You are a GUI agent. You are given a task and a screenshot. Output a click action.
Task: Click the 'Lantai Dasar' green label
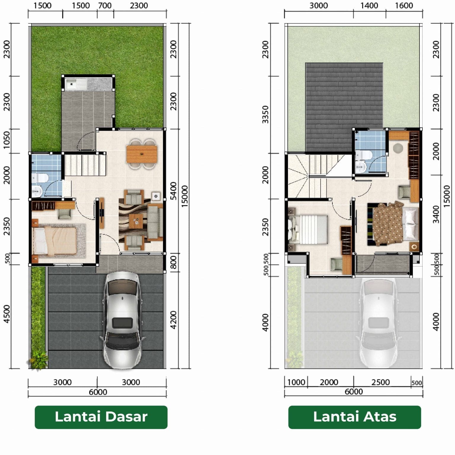[101, 417]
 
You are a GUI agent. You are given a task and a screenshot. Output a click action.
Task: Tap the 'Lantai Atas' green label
[355, 417]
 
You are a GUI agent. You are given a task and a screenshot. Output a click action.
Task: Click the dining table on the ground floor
[141, 154]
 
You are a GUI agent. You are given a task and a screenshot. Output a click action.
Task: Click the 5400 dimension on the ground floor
[174, 191]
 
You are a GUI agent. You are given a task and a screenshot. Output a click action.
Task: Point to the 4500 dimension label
[7, 314]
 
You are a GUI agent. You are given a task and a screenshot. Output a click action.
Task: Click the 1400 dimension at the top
[369, 6]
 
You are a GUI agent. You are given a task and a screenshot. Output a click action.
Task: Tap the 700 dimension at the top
[105, 6]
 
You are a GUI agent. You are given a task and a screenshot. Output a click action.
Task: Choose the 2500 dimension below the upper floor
[381, 382]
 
